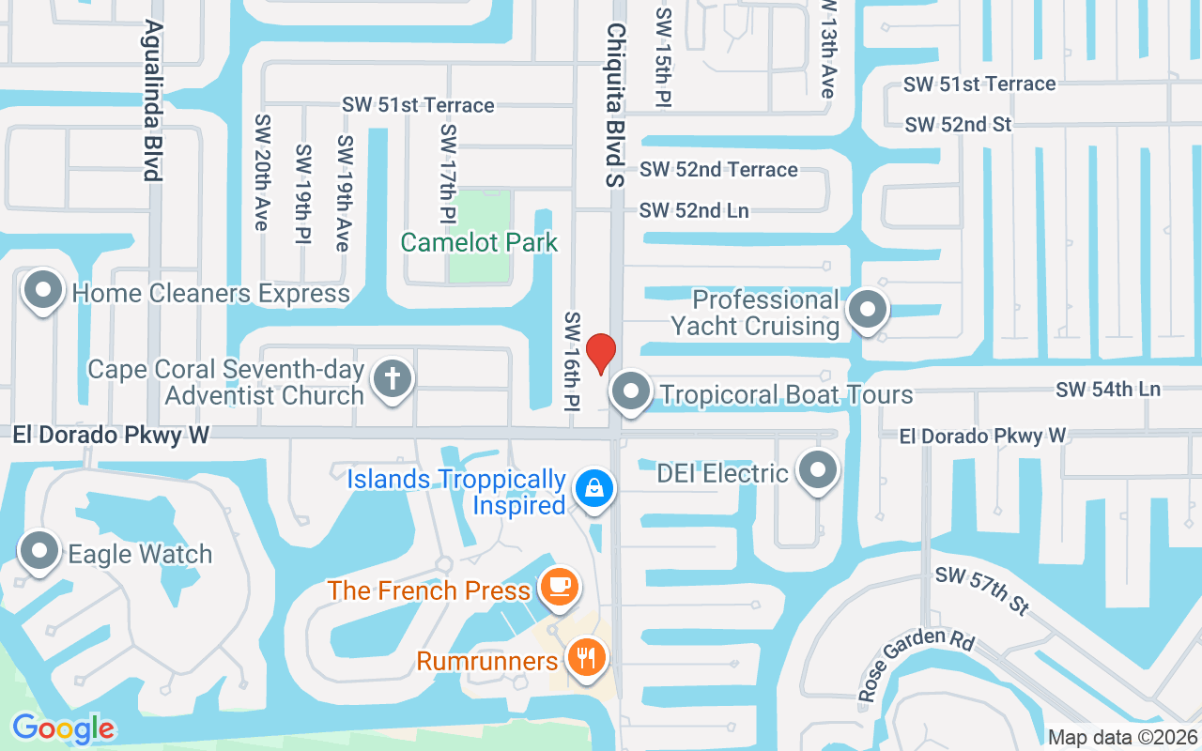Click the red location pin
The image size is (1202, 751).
pyautogui.click(x=601, y=353)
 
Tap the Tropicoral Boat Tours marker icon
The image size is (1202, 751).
pyautogui.click(x=631, y=391)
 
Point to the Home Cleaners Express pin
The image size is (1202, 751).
pyautogui.click(x=42, y=291)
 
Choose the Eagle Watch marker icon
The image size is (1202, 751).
pyautogui.click(x=39, y=552)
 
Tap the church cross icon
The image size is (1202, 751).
pyautogui.click(x=392, y=379)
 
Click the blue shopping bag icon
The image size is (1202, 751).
pyautogui.click(x=593, y=488)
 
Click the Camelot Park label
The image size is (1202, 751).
pyautogui.click(x=479, y=242)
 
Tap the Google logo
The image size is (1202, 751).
pyautogui.click(x=63, y=728)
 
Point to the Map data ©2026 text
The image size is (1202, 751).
pyautogui.click(x=1122, y=737)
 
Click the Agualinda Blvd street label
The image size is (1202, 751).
pyautogui.click(x=150, y=101)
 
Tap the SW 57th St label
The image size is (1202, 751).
pyautogui.click(x=982, y=590)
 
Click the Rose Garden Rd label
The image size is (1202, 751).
pyautogui.click(x=917, y=662)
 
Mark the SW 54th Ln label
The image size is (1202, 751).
pyautogui.click(x=1107, y=389)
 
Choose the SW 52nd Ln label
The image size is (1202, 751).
pyautogui.click(x=694, y=210)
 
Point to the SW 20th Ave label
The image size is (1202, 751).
pyautogui.click(x=261, y=173)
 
